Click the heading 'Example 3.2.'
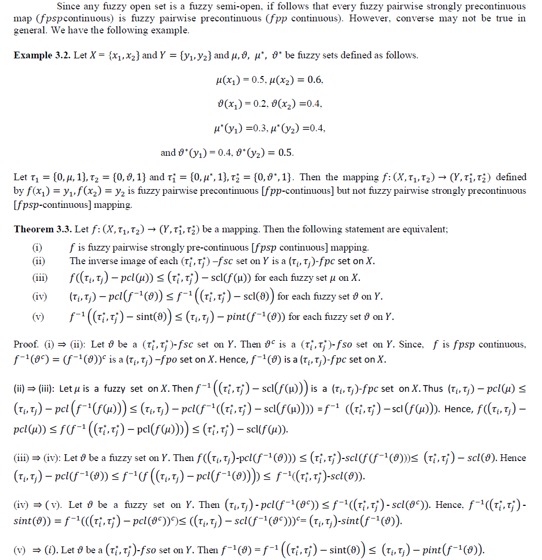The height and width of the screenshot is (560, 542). point(42,55)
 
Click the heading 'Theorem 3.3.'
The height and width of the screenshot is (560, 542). point(43,229)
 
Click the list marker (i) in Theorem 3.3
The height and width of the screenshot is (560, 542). point(37,247)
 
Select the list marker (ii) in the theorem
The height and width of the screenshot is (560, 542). point(38,262)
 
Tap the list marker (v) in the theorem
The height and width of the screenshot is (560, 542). point(38,317)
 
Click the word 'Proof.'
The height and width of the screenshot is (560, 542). point(26,345)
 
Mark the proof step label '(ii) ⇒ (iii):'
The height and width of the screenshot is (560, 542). point(35,389)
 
